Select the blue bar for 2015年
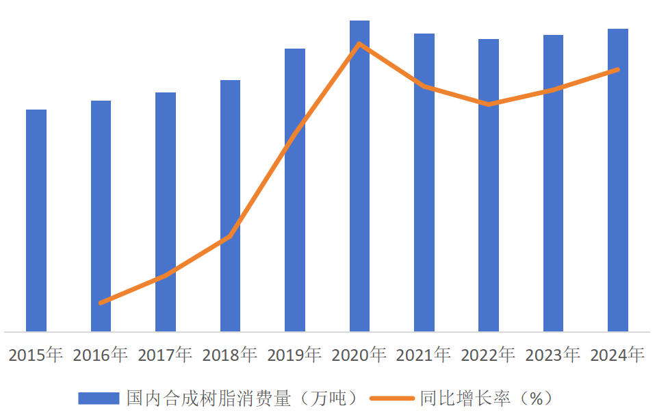(x=36, y=220)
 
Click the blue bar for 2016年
(x=101, y=216)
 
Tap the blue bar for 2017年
(x=166, y=212)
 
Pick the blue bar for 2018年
(x=230, y=205)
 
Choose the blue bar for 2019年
(x=295, y=190)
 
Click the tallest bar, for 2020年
(x=359, y=176)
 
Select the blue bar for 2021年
(x=424, y=182)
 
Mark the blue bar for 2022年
(x=489, y=185)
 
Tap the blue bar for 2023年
(x=554, y=183)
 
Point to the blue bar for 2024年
(x=618, y=180)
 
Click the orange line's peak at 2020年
(x=359, y=44)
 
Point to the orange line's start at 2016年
(x=101, y=302)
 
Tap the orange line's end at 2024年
(x=618, y=69)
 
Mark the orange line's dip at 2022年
(x=489, y=104)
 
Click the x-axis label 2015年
(x=36, y=355)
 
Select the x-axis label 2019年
(x=294, y=355)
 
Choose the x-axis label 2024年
(x=617, y=355)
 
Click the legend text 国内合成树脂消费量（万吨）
(x=242, y=398)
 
